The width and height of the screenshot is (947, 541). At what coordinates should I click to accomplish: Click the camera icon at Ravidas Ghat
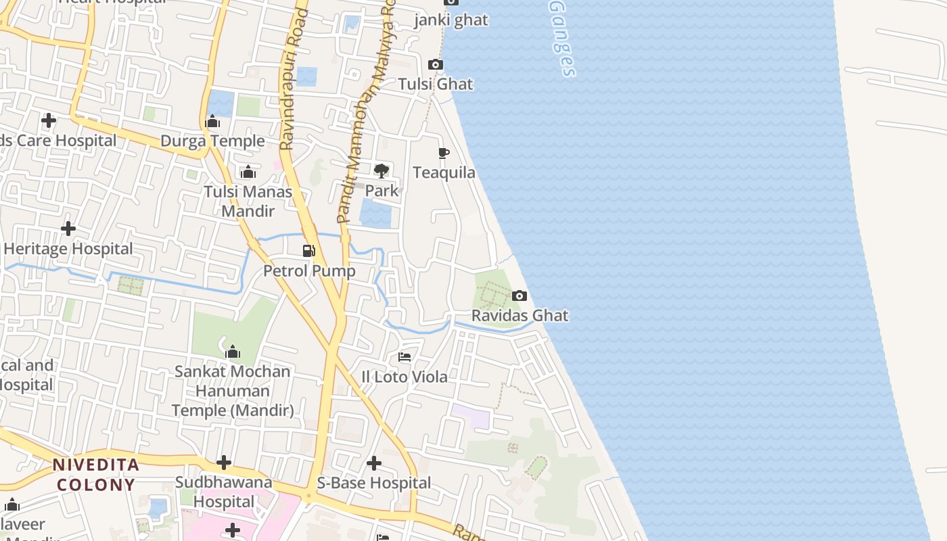click(519, 296)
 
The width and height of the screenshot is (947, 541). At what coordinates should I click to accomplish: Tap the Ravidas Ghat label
click(519, 316)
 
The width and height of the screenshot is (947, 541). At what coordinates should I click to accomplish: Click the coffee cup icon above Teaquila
click(444, 154)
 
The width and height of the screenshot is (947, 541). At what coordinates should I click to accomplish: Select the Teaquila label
click(444, 173)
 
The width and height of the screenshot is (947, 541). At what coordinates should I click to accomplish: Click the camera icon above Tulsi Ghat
click(436, 65)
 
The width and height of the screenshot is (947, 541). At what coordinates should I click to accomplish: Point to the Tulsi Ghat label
click(436, 85)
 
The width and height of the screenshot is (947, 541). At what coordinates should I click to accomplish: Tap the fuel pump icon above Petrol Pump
click(309, 251)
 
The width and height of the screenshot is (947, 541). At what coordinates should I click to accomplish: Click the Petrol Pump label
click(309, 271)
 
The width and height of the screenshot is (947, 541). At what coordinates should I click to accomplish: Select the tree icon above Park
click(382, 170)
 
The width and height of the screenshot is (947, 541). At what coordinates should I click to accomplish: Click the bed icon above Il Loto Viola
click(405, 356)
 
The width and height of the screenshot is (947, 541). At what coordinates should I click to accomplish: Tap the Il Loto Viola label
click(405, 377)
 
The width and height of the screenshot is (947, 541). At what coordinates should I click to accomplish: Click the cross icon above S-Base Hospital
click(373, 463)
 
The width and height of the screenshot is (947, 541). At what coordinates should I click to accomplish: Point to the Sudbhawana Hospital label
click(224, 492)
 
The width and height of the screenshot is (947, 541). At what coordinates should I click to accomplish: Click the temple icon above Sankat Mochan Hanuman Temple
click(233, 352)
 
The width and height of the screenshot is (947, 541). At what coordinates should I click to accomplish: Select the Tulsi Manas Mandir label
click(248, 202)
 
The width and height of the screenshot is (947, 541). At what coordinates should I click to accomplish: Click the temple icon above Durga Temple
click(212, 122)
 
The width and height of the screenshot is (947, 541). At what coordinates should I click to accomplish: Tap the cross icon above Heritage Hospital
click(68, 229)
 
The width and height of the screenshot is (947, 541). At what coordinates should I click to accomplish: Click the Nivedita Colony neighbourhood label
click(96, 475)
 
